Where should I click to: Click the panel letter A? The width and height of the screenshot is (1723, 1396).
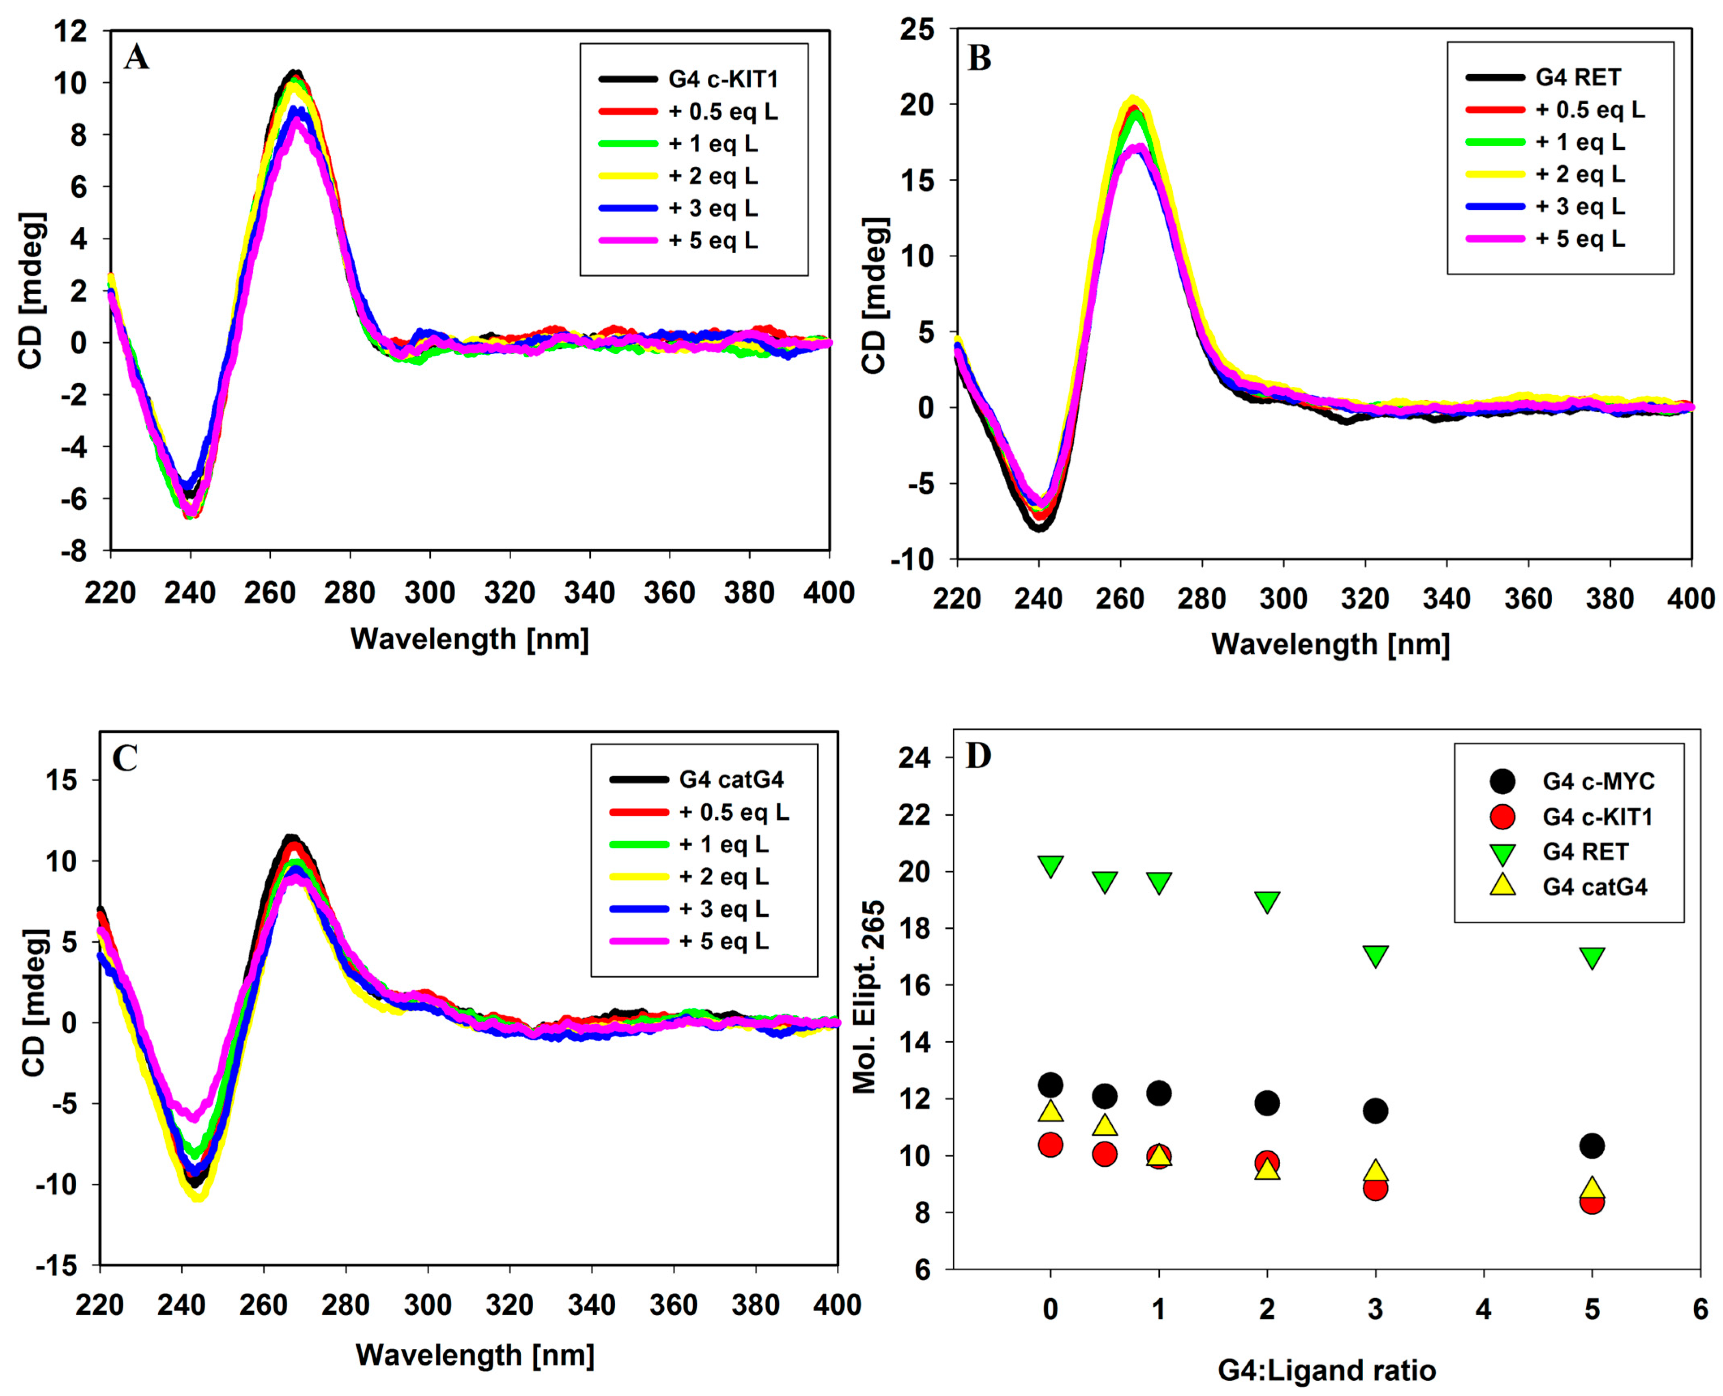[x=137, y=58]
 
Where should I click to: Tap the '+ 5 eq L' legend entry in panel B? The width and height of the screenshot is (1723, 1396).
[x=1580, y=239]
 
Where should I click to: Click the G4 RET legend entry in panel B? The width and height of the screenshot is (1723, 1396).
[x=1577, y=77]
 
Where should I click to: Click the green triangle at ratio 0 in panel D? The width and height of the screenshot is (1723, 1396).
[x=1051, y=866]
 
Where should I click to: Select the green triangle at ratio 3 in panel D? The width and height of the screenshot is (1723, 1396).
[x=1376, y=956]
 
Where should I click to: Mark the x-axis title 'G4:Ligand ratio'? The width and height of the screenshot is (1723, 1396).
[x=1327, y=1370]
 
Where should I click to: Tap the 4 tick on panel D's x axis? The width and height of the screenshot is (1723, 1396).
[x=1484, y=1310]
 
